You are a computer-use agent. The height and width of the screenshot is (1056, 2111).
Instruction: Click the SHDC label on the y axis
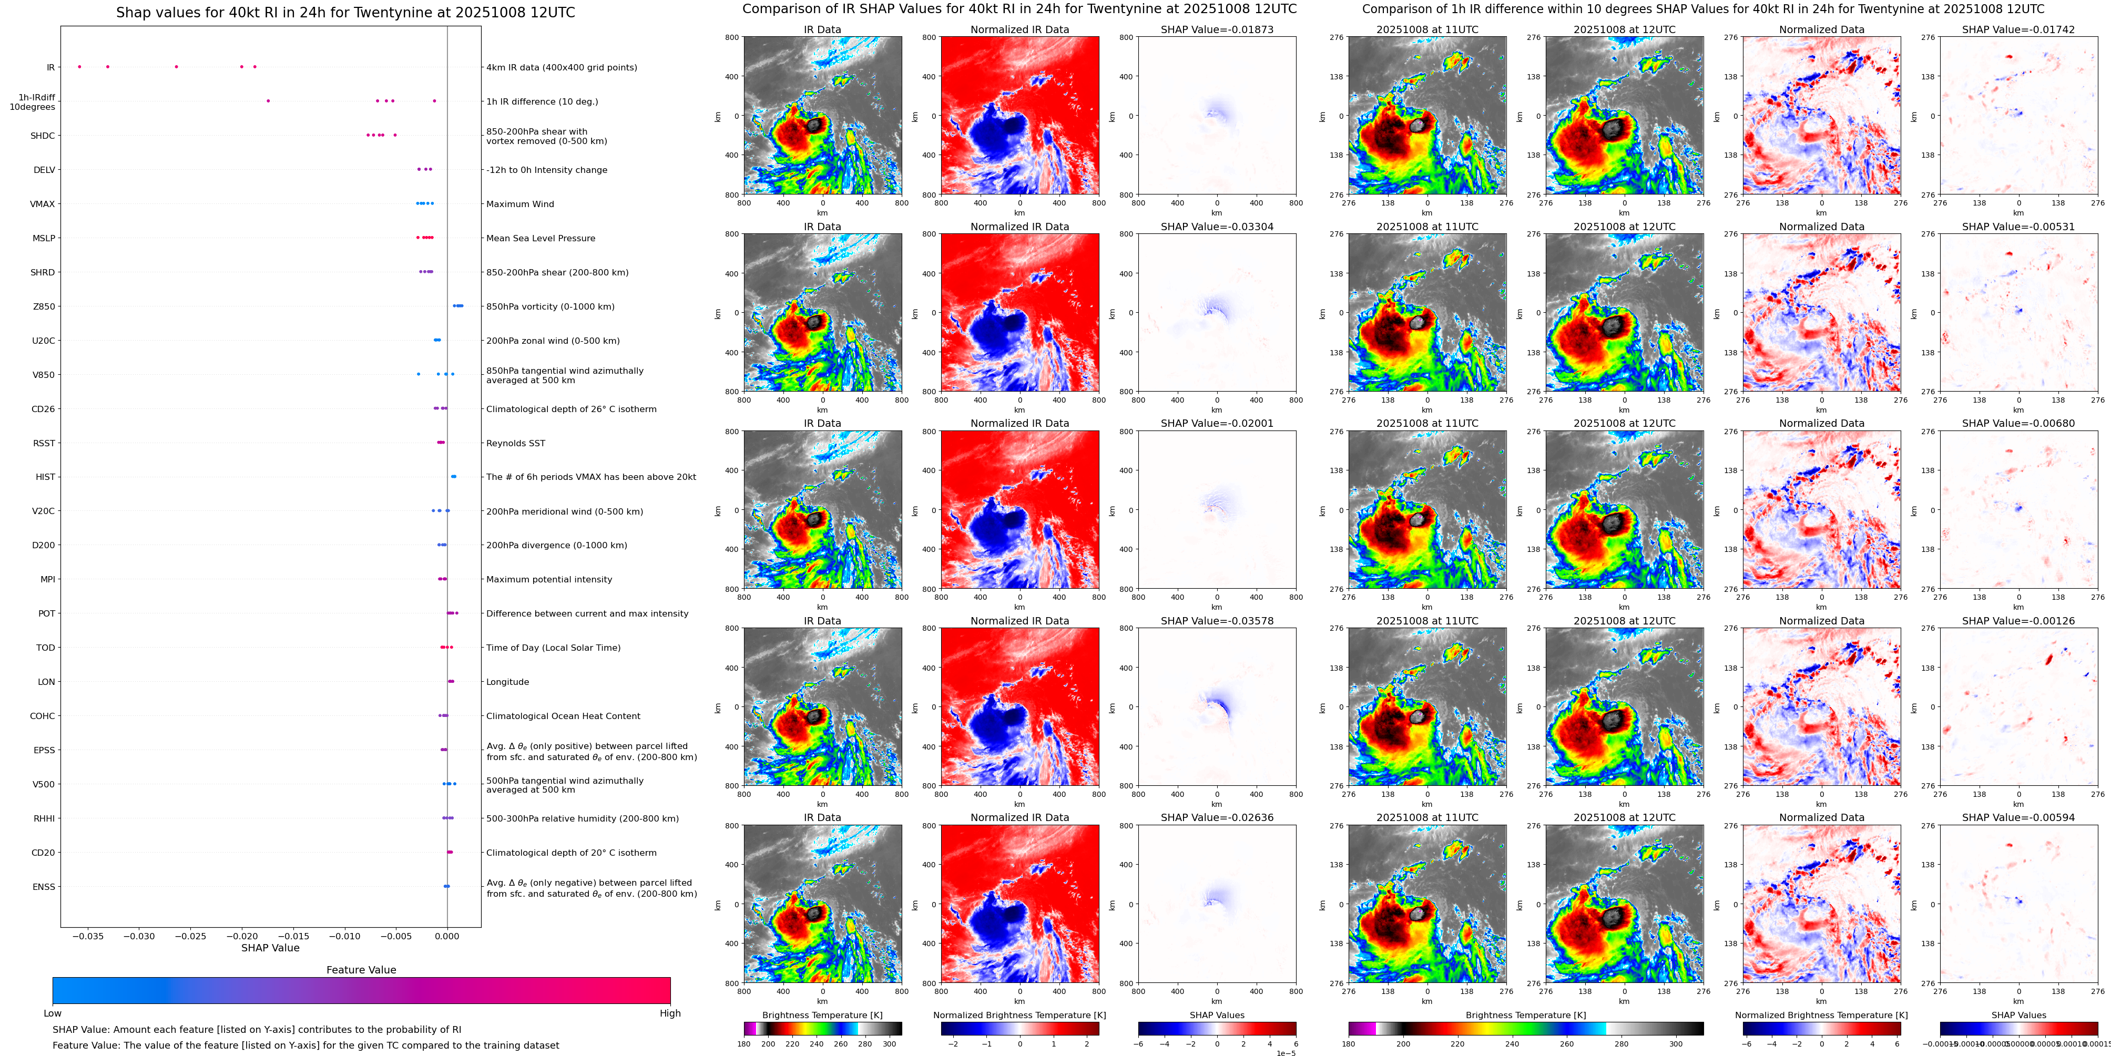click(x=43, y=136)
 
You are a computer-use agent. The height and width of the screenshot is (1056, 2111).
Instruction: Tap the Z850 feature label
click(x=44, y=306)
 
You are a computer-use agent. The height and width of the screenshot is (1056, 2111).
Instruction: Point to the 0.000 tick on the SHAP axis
click(x=446, y=936)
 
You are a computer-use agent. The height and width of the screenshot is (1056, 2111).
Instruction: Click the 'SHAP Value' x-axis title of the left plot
click(x=270, y=948)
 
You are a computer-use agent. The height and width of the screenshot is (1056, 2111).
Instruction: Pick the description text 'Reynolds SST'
click(x=515, y=443)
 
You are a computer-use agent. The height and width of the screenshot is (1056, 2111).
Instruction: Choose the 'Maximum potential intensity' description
click(x=549, y=579)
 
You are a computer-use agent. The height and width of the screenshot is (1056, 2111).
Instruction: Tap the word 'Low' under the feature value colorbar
click(x=53, y=1013)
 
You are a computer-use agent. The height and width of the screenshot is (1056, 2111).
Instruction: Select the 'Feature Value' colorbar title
click(x=361, y=970)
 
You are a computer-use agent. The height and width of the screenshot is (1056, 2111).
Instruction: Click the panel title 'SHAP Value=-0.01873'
click(x=1217, y=29)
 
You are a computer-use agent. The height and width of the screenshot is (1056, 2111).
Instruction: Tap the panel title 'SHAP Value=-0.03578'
click(x=1217, y=621)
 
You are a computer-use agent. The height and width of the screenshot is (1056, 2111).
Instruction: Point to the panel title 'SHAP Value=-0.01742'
click(x=2018, y=29)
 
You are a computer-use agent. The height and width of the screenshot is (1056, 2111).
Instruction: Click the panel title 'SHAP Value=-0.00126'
click(x=2018, y=621)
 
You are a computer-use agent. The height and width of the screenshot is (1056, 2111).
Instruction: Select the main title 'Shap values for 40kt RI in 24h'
click(x=345, y=12)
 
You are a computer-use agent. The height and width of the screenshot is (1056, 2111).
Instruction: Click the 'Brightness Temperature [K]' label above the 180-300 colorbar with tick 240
click(x=822, y=1015)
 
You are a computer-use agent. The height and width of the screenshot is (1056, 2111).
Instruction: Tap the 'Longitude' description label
click(x=507, y=682)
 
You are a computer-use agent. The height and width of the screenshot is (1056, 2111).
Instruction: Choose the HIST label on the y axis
click(x=45, y=477)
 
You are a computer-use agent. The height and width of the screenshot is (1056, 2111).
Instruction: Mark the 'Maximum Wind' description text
click(x=519, y=204)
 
